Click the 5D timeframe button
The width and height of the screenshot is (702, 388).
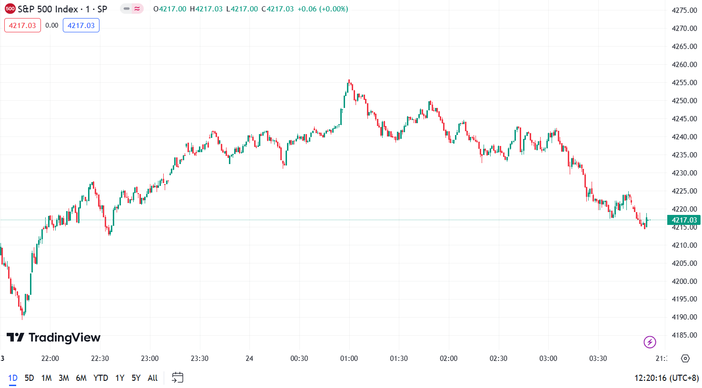[x=29, y=378]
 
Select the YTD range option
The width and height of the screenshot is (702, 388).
[x=100, y=378]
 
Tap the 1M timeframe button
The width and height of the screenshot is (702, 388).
[x=46, y=378]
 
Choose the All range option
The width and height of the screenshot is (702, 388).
[x=152, y=378]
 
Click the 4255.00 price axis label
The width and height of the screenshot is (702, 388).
[x=684, y=83]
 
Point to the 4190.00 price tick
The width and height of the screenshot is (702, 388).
[x=684, y=317]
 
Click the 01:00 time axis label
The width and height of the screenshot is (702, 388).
[x=349, y=359]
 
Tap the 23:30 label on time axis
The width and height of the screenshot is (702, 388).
[x=199, y=359]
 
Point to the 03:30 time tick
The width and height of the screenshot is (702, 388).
[x=598, y=359]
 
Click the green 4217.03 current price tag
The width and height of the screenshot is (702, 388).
[x=684, y=220]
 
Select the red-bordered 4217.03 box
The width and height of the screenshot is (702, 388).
[x=22, y=26]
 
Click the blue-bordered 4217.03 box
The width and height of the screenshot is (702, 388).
[x=81, y=26]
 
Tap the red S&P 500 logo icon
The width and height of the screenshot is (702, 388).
[x=10, y=9]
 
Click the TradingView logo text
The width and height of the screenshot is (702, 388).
[x=53, y=338]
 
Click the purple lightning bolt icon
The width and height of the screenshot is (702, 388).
[x=650, y=342]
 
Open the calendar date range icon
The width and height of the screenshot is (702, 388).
[x=178, y=378]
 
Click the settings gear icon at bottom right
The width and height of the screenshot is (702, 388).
[x=685, y=359]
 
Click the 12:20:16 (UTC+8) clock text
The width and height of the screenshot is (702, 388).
[x=666, y=378]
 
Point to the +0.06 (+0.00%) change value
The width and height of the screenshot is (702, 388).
[x=323, y=9]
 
